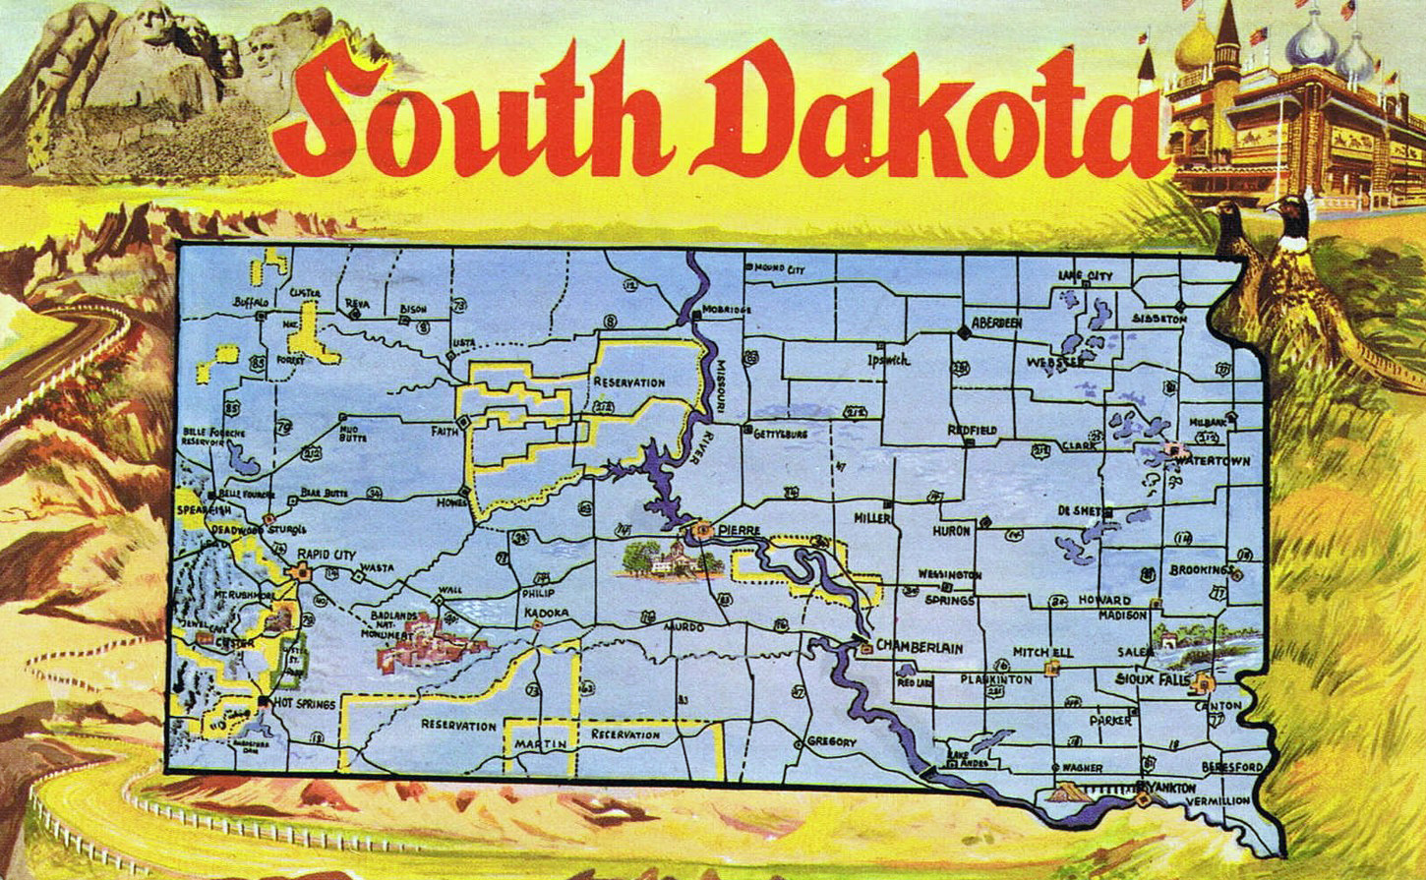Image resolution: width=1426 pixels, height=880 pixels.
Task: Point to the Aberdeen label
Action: [997, 323]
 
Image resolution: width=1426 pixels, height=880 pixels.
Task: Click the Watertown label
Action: [1211, 461]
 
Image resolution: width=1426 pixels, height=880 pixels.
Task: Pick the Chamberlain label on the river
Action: [919, 647]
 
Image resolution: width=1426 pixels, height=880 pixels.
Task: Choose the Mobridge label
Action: [729, 310]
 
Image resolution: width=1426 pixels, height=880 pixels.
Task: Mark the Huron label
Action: [951, 530]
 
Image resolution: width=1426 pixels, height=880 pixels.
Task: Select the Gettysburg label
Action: [780, 433]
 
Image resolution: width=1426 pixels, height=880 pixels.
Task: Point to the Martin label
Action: [540, 743]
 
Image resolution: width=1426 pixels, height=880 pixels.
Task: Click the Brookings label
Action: [1201, 570]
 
